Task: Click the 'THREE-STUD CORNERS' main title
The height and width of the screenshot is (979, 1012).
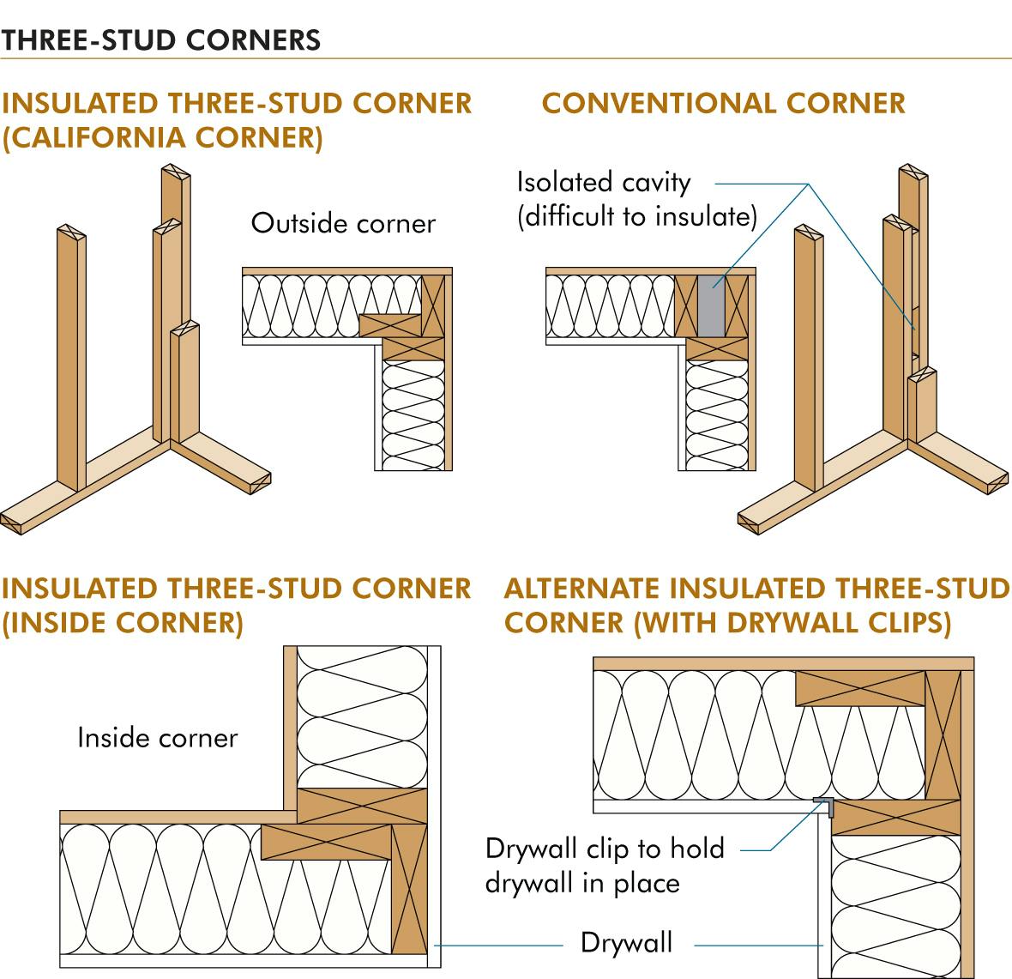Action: point(161,39)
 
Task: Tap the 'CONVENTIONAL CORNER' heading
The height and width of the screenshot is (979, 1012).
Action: point(723,104)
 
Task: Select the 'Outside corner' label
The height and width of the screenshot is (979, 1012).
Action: point(343,224)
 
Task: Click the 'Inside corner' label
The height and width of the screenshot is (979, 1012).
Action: point(157,738)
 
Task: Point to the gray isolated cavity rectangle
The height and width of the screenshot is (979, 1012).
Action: point(711,306)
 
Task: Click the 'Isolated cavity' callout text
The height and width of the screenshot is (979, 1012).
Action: point(603,183)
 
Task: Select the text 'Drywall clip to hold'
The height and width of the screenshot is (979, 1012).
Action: point(605,849)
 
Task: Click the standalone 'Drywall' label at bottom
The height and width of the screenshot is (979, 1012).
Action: point(626,943)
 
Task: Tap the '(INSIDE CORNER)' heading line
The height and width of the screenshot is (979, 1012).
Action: point(123,623)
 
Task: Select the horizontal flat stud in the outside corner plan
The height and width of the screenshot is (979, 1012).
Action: point(390,324)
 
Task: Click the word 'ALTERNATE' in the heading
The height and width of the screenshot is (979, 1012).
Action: point(582,589)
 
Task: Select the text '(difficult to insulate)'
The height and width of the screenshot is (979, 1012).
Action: point(636,216)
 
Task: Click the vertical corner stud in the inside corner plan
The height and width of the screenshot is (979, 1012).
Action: point(408,887)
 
